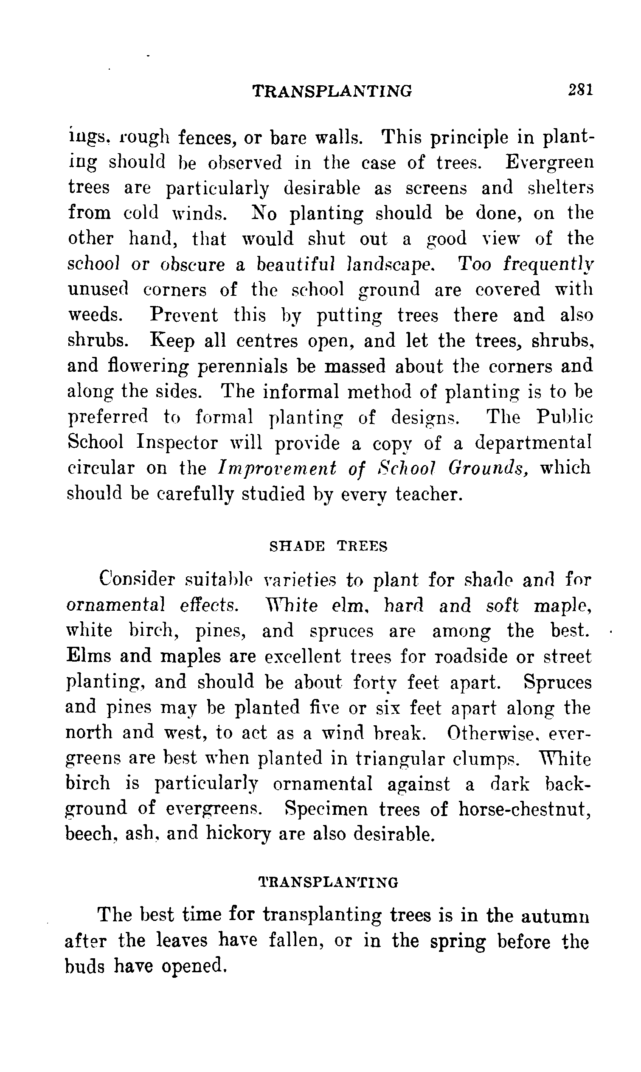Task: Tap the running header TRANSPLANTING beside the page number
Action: pyautogui.click(x=332, y=91)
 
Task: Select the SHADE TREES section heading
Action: pyautogui.click(x=328, y=547)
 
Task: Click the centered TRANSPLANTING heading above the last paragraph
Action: pyautogui.click(x=328, y=883)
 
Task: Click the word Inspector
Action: pyautogui.click(x=177, y=443)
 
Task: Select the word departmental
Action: pyautogui.click(x=533, y=443)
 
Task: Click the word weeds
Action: pyautogui.click(x=95, y=315)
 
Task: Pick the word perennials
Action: pyautogui.click(x=242, y=367)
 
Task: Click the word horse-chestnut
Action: pyautogui.click(x=524, y=808)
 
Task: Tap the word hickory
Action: pyautogui.click(x=239, y=833)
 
